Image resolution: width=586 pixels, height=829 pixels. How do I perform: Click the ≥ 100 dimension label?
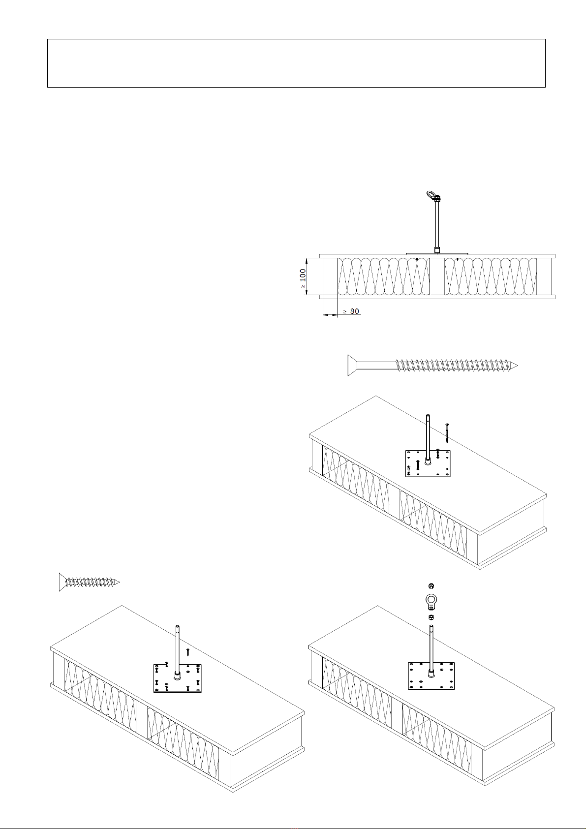303,278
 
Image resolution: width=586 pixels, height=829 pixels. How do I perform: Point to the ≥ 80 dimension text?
351,311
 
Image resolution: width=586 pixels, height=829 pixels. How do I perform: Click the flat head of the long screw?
352,365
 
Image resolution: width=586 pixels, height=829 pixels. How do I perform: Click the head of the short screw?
62,582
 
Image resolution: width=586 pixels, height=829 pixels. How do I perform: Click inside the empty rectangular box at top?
296,63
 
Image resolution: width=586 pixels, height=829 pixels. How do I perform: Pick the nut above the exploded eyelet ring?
431,586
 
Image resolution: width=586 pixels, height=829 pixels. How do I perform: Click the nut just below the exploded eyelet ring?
431,617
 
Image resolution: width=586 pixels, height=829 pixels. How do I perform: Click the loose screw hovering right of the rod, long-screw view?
448,433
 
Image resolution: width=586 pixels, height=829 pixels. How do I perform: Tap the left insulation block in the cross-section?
383,276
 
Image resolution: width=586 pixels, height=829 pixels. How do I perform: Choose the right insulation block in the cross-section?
491,276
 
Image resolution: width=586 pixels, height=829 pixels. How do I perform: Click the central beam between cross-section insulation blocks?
437,276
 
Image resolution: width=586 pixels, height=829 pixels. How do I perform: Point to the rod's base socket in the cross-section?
437,250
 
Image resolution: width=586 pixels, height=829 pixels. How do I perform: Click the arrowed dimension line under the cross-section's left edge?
331,315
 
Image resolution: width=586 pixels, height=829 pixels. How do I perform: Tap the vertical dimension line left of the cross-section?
307,276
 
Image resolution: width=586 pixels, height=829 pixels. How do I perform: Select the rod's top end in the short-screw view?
177,627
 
